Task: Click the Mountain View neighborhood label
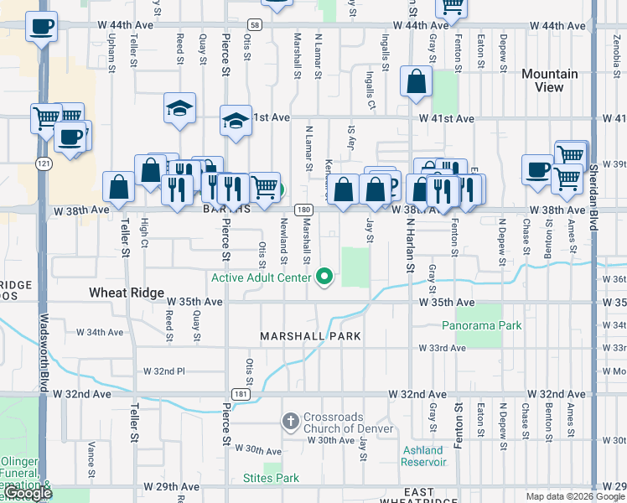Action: click(x=549, y=80)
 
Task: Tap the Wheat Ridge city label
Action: click(x=124, y=293)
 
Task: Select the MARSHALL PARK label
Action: click(x=310, y=336)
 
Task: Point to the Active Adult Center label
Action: click(x=261, y=277)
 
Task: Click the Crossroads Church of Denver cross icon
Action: click(x=290, y=421)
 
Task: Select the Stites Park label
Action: click(x=271, y=479)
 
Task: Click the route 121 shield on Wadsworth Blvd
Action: click(x=42, y=162)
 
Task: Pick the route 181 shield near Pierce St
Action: click(x=241, y=393)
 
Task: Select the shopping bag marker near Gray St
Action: click(x=417, y=82)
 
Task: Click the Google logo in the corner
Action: click(x=27, y=494)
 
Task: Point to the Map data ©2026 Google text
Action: click(x=574, y=496)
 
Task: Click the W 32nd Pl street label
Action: click(x=163, y=371)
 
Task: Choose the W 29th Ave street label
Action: click(x=171, y=486)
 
